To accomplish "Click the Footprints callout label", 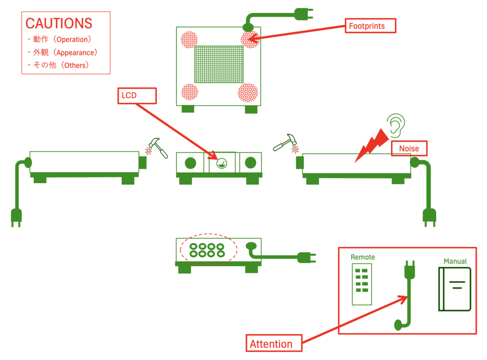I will point(370,26).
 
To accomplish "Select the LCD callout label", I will point(137,96).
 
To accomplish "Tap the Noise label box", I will point(409,148).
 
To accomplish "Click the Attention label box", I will point(274,343).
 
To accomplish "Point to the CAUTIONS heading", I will point(58,23).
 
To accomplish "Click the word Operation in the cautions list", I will point(73,39).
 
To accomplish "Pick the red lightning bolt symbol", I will point(373,143).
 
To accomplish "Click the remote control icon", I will point(361,283).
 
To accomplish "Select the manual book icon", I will point(455,289).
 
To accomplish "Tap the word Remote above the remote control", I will point(362,257).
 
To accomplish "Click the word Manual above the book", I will point(455,261).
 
